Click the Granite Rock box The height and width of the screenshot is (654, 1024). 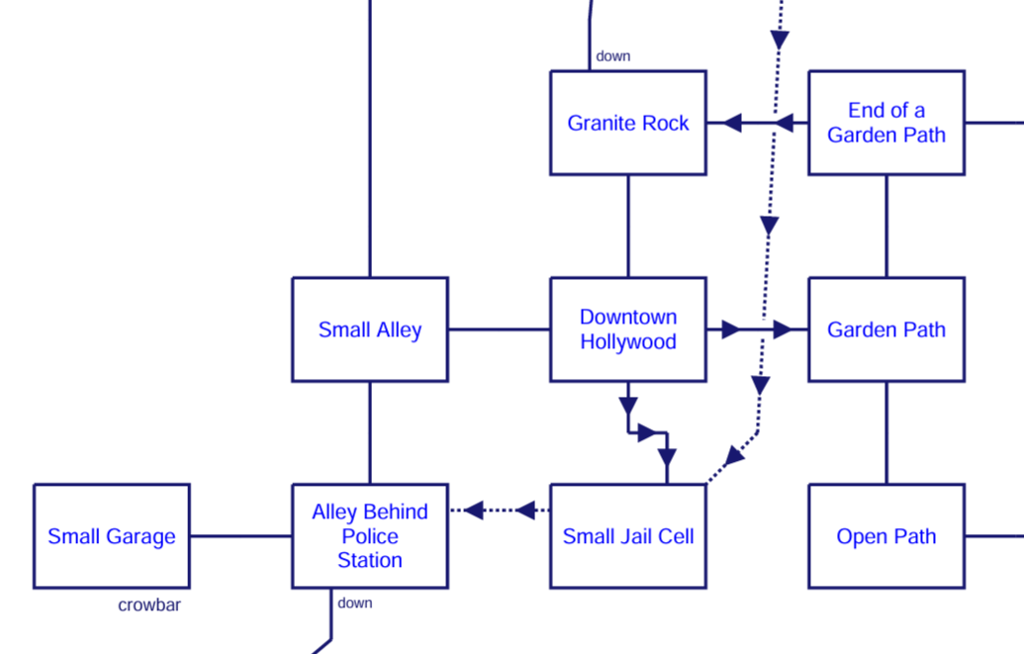pos(627,123)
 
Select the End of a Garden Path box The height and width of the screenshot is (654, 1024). pos(885,123)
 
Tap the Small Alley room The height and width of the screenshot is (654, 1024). pos(370,329)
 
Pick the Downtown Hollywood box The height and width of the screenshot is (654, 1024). pos(627,329)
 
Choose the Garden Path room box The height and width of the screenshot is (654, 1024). pos(885,329)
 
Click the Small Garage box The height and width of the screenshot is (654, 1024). pos(112,536)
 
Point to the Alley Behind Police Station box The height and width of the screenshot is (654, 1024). pos(370,536)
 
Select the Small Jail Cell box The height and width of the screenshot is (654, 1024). pos(627,536)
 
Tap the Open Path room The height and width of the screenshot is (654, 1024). pos(885,536)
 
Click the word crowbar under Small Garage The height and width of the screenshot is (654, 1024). pos(149,606)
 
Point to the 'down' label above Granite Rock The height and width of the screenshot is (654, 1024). pos(613,56)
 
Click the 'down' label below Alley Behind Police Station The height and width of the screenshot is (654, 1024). pos(355,603)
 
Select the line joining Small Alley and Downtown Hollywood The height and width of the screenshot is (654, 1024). pos(499,329)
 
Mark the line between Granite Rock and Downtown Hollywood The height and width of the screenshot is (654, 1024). pos(628,226)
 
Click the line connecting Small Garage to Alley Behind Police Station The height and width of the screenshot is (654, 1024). pos(240,536)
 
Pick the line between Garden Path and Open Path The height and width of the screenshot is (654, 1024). pos(886,432)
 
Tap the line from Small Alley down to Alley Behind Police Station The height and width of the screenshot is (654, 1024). pos(370,432)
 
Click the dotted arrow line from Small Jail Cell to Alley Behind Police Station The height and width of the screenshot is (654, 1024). pos(499,511)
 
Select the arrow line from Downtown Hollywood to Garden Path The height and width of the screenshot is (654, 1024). pos(757,329)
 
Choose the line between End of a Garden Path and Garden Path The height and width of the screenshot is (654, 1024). pos(886,226)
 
